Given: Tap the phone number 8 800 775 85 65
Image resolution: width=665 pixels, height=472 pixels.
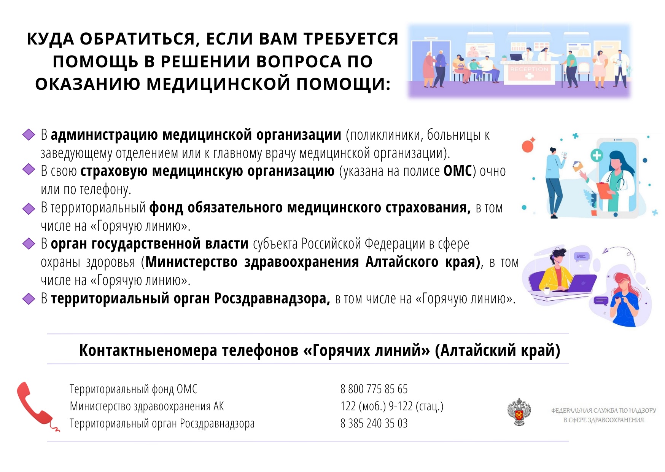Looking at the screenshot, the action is click(374, 389).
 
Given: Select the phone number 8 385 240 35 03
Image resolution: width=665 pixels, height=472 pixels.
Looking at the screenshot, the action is click(374, 423).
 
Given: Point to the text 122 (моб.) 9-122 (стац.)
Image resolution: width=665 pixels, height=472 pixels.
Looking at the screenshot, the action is click(392, 406).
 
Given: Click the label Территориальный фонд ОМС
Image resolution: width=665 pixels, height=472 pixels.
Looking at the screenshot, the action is click(134, 389).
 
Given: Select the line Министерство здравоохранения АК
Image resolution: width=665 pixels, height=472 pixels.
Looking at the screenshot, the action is click(147, 406).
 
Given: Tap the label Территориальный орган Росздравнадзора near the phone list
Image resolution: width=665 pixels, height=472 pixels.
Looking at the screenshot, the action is click(162, 423).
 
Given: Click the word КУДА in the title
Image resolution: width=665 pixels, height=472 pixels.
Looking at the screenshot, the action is click(50, 39).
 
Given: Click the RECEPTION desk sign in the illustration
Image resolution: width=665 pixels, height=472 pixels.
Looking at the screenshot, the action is click(529, 69).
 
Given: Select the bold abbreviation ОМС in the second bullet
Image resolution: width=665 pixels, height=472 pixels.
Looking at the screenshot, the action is click(458, 171).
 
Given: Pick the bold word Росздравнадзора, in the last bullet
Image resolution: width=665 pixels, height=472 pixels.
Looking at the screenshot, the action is click(272, 298).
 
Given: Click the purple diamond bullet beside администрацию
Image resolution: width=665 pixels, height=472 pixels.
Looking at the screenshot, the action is click(29, 134).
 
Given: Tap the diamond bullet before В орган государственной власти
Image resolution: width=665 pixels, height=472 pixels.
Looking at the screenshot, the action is click(29, 243).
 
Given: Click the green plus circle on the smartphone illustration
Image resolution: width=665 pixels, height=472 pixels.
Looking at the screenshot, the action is click(597, 155).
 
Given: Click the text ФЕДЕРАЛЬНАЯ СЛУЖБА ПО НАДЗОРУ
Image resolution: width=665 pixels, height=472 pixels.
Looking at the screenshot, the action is click(604, 410).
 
